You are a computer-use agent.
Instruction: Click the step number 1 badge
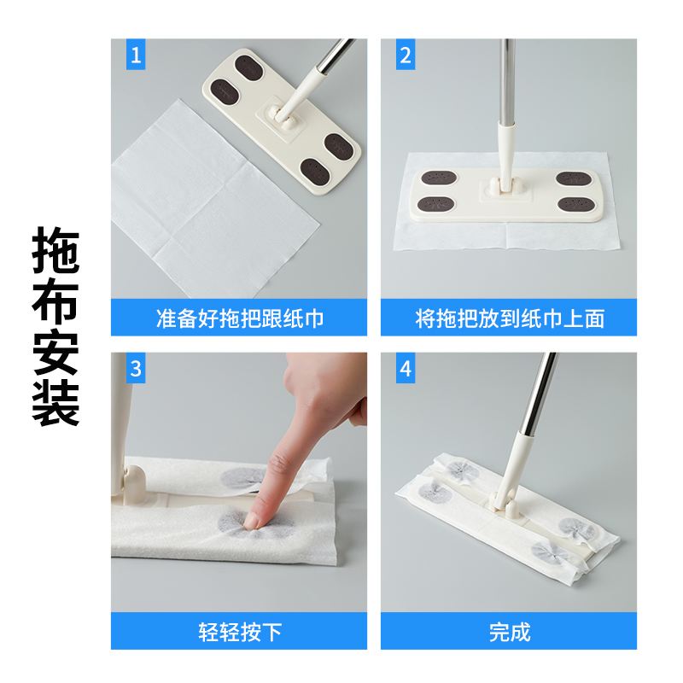[x=137, y=56]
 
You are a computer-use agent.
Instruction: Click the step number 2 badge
[x=406, y=56]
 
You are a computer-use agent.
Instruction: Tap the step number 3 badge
[x=137, y=370]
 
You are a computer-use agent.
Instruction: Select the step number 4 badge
[x=406, y=370]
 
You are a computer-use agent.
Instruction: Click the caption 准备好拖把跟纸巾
[x=240, y=318]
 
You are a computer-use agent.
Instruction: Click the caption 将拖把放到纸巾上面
[x=510, y=318]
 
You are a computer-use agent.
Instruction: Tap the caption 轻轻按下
[x=240, y=632]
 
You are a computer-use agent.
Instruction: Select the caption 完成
[x=510, y=632]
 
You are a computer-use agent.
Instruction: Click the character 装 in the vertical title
[x=56, y=403]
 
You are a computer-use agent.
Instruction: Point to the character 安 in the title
[x=56, y=353]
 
